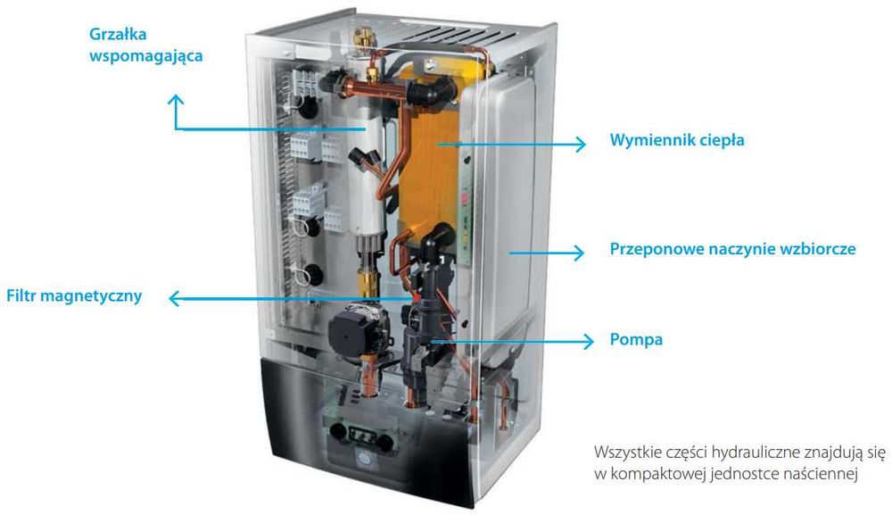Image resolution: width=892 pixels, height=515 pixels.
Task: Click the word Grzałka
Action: coord(118,34)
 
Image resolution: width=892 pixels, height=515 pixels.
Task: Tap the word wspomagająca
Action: coord(146,56)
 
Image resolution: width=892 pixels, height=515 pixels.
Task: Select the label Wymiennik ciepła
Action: coord(677,140)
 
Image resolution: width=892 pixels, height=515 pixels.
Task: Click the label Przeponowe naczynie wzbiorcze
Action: coord(732,249)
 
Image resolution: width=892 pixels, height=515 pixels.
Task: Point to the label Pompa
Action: coord(636,340)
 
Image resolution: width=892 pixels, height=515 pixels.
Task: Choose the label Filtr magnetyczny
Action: coord(74,296)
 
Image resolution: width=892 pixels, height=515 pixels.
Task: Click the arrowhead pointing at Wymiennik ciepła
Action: coord(581,144)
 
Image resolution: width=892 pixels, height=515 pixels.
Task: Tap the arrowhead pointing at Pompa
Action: coord(588,342)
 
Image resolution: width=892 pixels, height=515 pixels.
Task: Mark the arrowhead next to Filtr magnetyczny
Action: coord(175,298)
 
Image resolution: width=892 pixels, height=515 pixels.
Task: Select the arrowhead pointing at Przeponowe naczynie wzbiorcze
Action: coord(578,253)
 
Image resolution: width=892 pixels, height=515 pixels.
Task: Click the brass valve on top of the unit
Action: coord(360,36)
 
